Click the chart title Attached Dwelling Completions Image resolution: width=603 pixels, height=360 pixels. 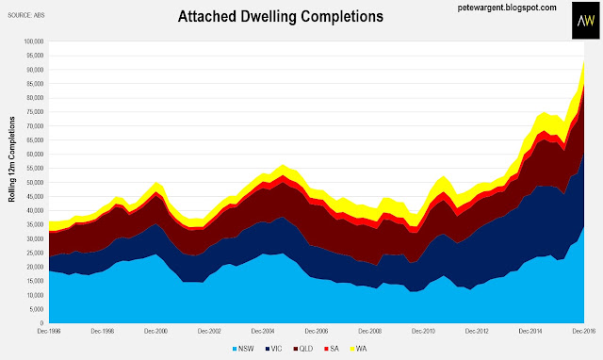tap(281, 17)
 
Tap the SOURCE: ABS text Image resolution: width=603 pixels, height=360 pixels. tap(26, 15)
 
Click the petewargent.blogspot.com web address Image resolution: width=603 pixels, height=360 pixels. tap(507, 8)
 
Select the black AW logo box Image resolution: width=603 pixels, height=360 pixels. tap(585, 21)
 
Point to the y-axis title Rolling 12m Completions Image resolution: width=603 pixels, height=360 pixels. tap(12, 159)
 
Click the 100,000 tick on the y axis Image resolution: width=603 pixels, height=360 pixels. tap(34, 41)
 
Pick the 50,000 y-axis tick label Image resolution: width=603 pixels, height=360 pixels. tap(35, 182)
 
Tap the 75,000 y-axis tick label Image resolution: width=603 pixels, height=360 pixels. tap(35, 112)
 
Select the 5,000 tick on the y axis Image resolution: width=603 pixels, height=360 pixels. tap(36, 309)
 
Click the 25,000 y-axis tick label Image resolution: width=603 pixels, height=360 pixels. tap(35, 253)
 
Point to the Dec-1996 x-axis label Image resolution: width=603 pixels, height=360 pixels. tap(49, 331)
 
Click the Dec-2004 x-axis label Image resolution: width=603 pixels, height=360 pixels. tap(263, 331)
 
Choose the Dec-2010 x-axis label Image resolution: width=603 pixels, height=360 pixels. tap(423, 331)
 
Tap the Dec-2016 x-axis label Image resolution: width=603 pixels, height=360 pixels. tap(584, 331)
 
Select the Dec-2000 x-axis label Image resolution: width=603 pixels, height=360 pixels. tap(155, 331)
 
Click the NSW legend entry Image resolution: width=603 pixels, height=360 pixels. tap(243, 349)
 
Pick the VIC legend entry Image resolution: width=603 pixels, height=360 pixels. tap(273, 349)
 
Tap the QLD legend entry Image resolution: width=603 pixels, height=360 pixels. tap(303, 349)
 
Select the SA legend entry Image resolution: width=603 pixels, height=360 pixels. tap(332, 349)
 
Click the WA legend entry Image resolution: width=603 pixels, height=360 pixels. tap(358, 349)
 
